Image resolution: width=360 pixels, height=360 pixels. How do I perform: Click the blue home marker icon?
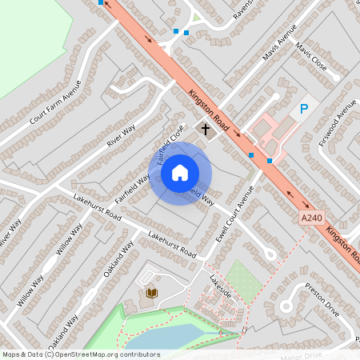[180, 173]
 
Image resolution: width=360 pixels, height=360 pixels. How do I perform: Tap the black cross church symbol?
[206, 128]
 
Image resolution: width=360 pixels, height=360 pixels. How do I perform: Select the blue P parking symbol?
[304, 110]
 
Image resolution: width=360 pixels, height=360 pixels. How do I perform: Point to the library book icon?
[152, 294]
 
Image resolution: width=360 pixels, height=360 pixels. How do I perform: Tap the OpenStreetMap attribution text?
[81, 354]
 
